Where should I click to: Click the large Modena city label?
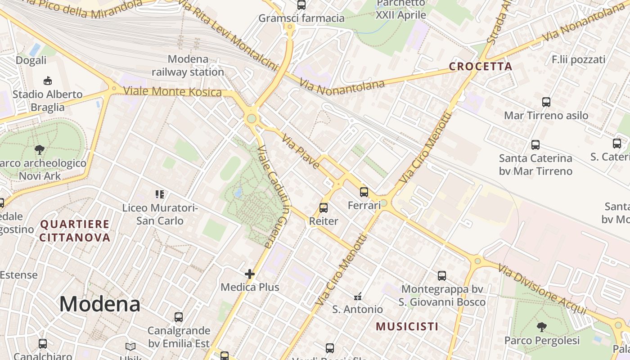pyautogui.click(x=99, y=304)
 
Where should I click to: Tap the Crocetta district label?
pyautogui.click(x=481, y=67)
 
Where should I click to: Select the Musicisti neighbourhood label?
pyautogui.click(x=407, y=326)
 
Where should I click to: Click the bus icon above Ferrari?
pyautogui.click(x=364, y=192)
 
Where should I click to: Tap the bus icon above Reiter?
pyautogui.click(x=324, y=208)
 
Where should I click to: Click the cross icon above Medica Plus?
pyautogui.click(x=250, y=274)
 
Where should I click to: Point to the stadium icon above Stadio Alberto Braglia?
pyautogui.click(x=47, y=81)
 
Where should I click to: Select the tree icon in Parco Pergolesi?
pyautogui.click(x=542, y=327)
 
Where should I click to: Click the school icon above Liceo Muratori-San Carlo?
pyautogui.click(x=160, y=194)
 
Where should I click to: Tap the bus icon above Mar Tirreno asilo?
pyautogui.click(x=546, y=102)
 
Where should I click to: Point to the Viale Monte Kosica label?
pyautogui.click(x=172, y=91)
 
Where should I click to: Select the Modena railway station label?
pyautogui.click(x=188, y=66)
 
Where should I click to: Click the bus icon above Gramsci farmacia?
pyautogui.click(x=301, y=5)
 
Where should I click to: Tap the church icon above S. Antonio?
pyautogui.click(x=358, y=296)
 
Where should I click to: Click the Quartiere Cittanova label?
pyautogui.click(x=75, y=231)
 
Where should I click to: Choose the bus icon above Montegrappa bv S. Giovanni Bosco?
pyautogui.click(x=442, y=276)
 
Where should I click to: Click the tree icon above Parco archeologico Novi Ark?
pyautogui.click(x=40, y=150)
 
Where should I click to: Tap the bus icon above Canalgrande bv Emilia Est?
pyautogui.click(x=179, y=317)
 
